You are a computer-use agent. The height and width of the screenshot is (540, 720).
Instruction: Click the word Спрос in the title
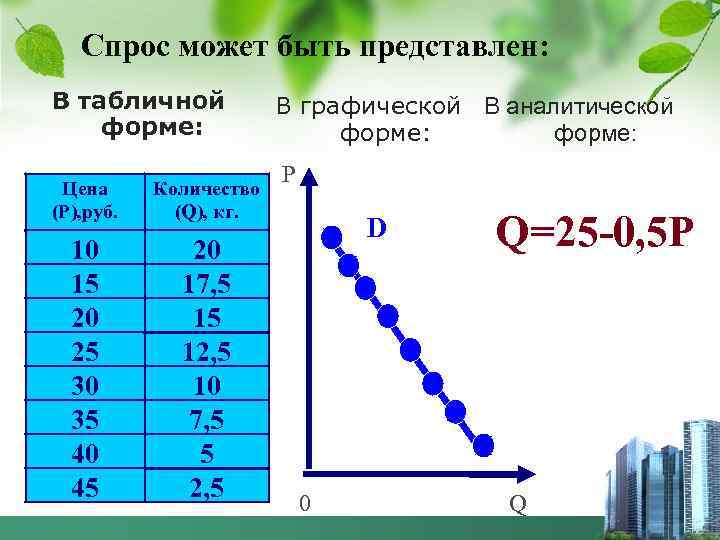(x=128, y=46)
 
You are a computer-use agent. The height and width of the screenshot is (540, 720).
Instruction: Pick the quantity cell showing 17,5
(x=207, y=283)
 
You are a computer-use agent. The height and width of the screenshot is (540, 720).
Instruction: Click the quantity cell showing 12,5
(x=207, y=351)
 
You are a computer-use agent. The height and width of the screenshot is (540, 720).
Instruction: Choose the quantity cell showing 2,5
(x=207, y=487)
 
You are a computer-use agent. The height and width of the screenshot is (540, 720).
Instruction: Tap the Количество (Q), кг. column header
(x=207, y=199)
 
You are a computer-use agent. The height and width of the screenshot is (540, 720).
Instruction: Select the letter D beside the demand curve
(x=376, y=228)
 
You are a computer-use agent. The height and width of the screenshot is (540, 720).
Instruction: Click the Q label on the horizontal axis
(x=517, y=504)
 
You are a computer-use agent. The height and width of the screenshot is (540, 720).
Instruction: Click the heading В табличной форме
(x=138, y=114)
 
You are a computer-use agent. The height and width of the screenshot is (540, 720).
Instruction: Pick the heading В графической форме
(x=369, y=118)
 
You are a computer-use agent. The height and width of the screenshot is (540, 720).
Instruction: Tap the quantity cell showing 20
(x=207, y=249)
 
